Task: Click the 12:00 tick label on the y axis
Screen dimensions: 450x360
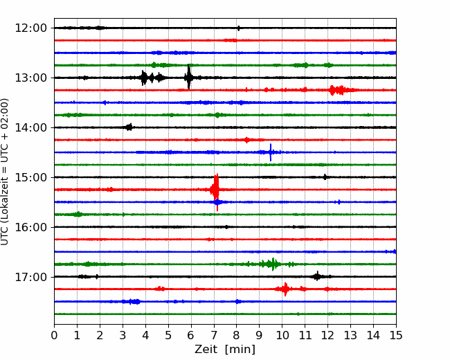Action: [x=30, y=28]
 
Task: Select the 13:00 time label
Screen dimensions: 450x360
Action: [x=30, y=78]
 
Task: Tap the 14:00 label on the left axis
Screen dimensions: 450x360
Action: [x=30, y=127]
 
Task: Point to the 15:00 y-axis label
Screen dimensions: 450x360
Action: [x=30, y=177]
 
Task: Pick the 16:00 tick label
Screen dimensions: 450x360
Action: [x=30, y=227]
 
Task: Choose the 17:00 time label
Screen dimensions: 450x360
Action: [x=30, y=277]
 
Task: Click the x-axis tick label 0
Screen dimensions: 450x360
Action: [x=54, y=335]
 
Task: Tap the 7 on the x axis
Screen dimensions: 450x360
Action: [x=214, y=335]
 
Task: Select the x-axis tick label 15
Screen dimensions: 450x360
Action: [x=396, y=335]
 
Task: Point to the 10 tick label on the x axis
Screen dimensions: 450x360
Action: [x=282, y=335]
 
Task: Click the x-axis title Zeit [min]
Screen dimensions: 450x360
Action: [x=225, y=350]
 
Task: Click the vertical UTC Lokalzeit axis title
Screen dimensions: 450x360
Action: [x=4, y=172]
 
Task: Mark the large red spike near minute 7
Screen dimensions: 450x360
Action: [x=216, y=190]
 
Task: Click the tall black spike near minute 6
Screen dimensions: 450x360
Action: [x=188, y=77]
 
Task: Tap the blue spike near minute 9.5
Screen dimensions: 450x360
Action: [x=271, y=152]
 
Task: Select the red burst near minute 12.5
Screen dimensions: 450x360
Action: [x=339, y=90]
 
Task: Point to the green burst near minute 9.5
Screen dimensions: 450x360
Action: [x=271, y=264]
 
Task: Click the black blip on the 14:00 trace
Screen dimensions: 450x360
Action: [x=129, y=127]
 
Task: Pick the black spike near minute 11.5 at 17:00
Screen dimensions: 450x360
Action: [x=317, y=276]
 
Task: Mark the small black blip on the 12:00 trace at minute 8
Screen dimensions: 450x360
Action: [x=238, y=28]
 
